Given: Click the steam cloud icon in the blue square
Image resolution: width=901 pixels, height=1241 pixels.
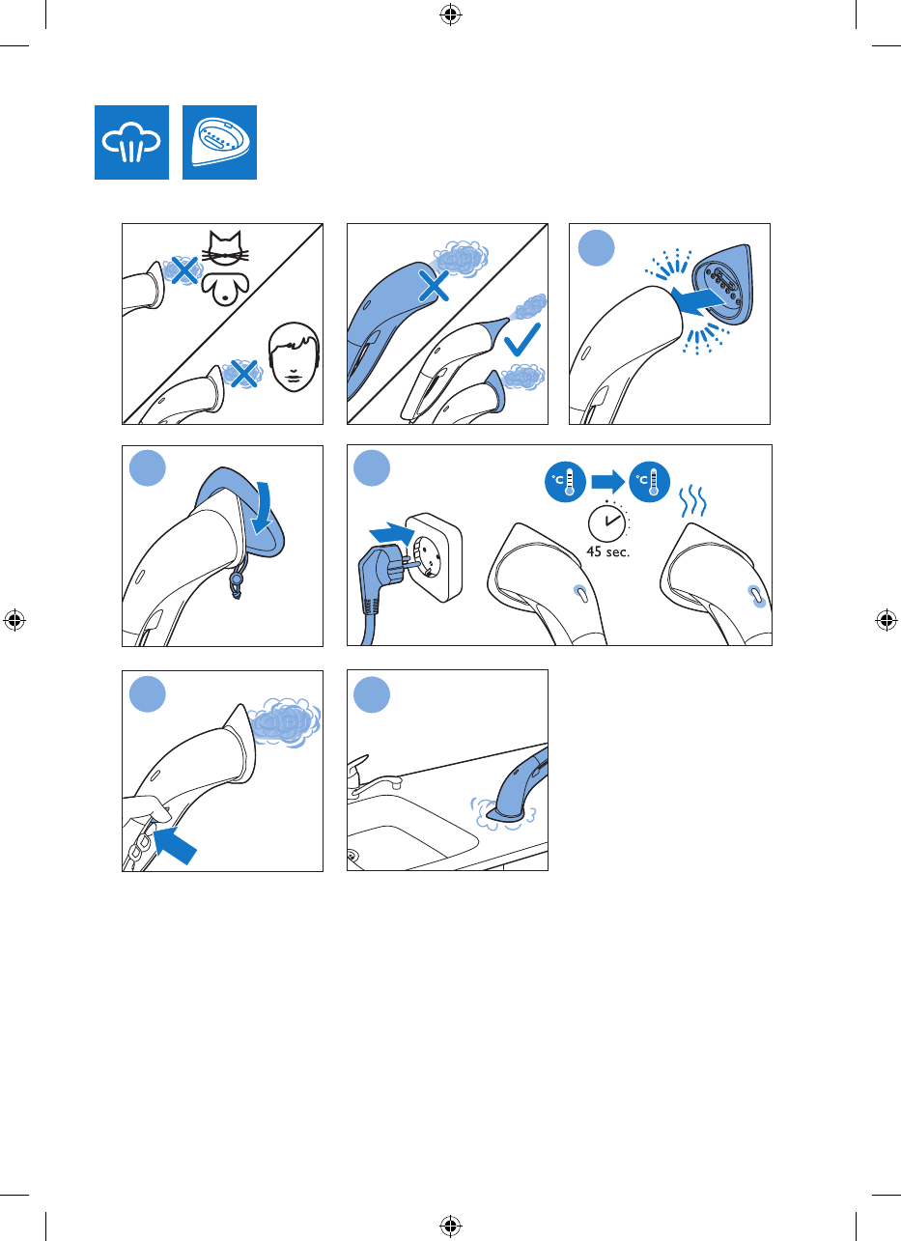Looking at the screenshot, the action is (x=131, y=142).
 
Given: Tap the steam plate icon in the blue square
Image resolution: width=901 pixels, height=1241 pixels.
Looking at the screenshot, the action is (x=219, y=142).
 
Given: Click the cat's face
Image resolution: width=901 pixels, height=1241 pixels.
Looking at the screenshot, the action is (x=225, y=248).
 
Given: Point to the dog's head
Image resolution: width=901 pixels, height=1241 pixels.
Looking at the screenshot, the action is (x=225, y=289).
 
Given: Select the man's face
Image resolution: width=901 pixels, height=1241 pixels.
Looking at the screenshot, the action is (x=295, y=357).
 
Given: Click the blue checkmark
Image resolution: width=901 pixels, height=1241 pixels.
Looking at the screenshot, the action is (x=522, y=340).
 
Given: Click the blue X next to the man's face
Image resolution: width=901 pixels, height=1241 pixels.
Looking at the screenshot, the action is (x=243, y=374).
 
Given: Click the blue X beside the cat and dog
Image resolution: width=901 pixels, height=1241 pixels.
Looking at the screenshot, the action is (x=184, y=270).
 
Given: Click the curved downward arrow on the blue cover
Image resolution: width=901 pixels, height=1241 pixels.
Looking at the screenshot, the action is (x=262, y=508).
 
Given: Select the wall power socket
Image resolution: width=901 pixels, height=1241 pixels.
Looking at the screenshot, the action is (x=434, y=557).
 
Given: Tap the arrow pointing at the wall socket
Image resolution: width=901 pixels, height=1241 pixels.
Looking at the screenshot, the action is (x=392, y=534).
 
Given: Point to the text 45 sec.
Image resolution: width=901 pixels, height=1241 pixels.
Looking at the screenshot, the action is (x=607, y=551).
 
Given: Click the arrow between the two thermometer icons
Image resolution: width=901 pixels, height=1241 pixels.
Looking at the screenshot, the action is (x=607, y=482).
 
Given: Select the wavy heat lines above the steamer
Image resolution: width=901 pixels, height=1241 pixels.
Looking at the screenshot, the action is (x=692, y=501).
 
